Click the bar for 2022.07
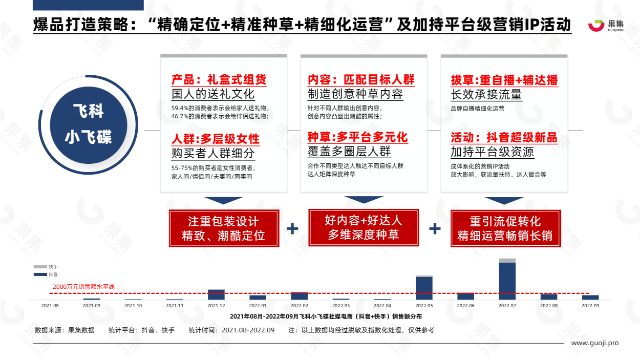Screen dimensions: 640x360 coord(507,279)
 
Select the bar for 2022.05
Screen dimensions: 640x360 coord(424,288)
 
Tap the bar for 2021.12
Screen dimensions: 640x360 coord(216,294)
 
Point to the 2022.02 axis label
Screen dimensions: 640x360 coord(299,306)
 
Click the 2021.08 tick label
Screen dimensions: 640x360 coord(50,306)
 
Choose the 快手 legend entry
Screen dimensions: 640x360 coord(46,267)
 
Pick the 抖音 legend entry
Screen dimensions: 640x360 coord(46,274)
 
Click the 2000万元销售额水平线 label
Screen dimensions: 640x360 coord(83,287)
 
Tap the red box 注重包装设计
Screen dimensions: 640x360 coord(224,228)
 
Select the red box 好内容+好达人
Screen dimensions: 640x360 coord(364,228)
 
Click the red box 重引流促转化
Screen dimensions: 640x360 coord(505,228)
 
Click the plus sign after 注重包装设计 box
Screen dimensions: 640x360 coord(292,228)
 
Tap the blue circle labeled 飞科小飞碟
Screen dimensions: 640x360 coord(89,125)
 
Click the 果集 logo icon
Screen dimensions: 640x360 coord(596,26)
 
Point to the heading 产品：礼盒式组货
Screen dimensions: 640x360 coord(219,80)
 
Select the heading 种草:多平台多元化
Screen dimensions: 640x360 coord(357,137)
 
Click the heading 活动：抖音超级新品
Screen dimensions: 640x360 coord(504,138)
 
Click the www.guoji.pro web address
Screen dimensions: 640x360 coord(595,343)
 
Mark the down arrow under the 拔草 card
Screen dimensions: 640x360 coord(504,200)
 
